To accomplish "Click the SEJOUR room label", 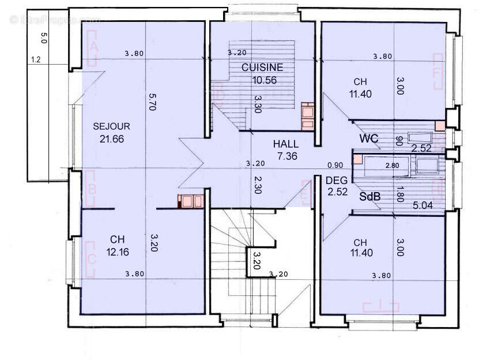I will pyautogui.click(x=111, y=126).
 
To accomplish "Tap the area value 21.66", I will pyautogui.click(x=111, y=138).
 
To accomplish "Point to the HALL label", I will pyautogui.click(x=285, y=144).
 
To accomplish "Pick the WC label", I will pyautogui.click(x=369, y=139).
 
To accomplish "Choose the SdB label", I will pyautogui.click(x=370, y=197).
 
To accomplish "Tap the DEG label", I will pyautogui.click(x=336, y=181).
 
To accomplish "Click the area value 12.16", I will pyautogui.click(x=118, y=252).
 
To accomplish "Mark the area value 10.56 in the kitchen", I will pyautogui.click(x=265, y=80).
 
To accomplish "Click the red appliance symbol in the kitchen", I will pyautogui.click(x=307, y=116).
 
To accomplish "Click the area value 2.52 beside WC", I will pyautogui.click(x=422, y=148).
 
